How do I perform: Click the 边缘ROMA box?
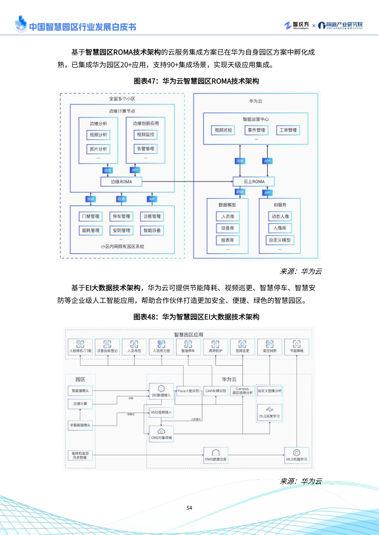(x=121, y=182)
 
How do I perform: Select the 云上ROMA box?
(x=254, y=182)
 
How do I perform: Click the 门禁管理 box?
(x=91, y=217)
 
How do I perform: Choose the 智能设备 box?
(x=151, y=231)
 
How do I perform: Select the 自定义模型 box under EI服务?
(x=279, y=240)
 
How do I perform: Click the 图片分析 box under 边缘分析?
(x=98, y=149)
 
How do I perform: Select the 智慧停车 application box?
(x=189, y=346)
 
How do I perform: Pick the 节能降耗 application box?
(x=296, y=346)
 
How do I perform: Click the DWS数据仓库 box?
(x=216, y=455)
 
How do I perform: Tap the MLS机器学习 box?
(x=296, y=455)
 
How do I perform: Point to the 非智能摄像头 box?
(x=80, y=425)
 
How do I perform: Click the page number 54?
(x=189, y=508)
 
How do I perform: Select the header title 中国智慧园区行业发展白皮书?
(x=82, y=27)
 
